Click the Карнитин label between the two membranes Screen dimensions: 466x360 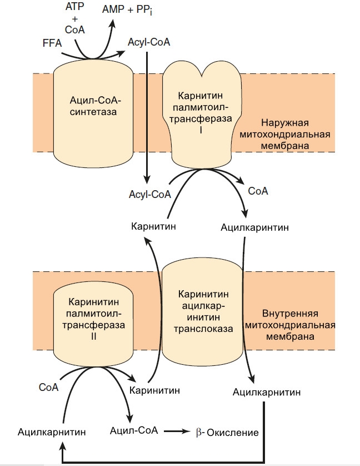point(153,227)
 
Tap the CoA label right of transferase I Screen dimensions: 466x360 point(258,191)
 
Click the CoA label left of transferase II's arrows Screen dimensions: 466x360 point(49,386)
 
